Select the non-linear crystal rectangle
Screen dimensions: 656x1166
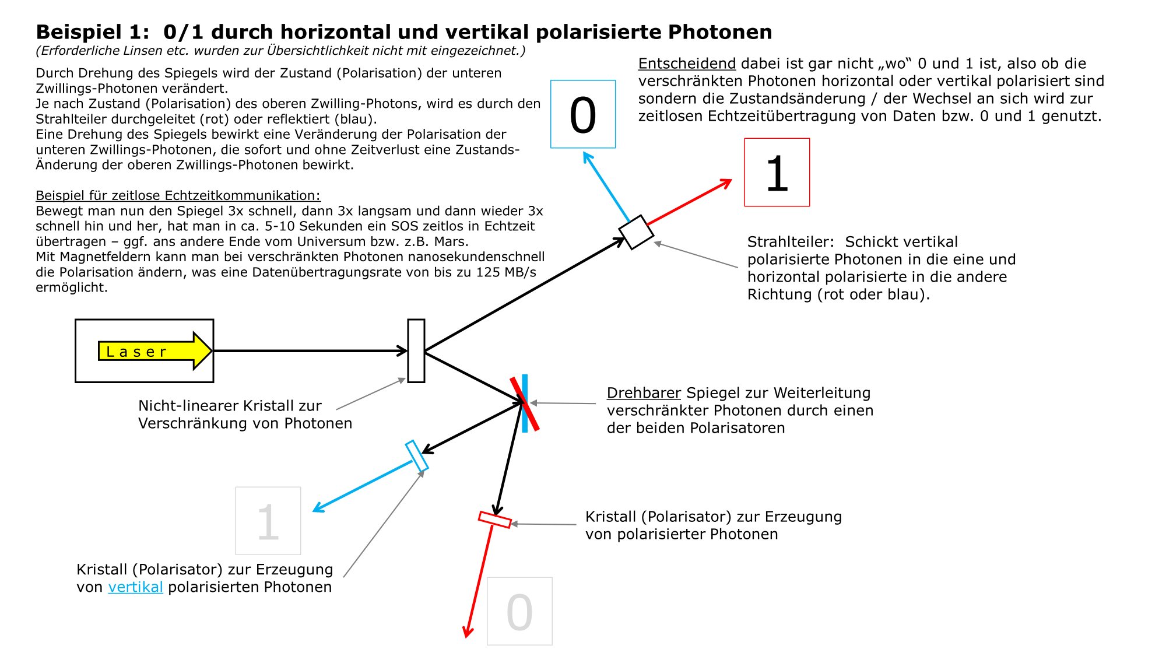tap(416, 351)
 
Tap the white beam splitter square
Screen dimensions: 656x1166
tap(636, 232)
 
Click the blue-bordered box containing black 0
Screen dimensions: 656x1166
tap(583, 114)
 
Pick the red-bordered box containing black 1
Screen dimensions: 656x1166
tap(777, 173)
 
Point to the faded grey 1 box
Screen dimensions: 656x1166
tap(268, 521)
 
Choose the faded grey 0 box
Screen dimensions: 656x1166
tap(519, 611)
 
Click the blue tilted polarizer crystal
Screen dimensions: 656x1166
tap(417, 456)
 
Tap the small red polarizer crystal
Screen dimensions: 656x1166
tap(495, 520)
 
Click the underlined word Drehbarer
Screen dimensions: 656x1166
tap(644, 393)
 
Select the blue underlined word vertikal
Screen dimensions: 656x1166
tap(135, 587)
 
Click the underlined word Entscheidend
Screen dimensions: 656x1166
tap(687, 64)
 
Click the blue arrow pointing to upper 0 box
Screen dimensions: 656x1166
tap(606, 187)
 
